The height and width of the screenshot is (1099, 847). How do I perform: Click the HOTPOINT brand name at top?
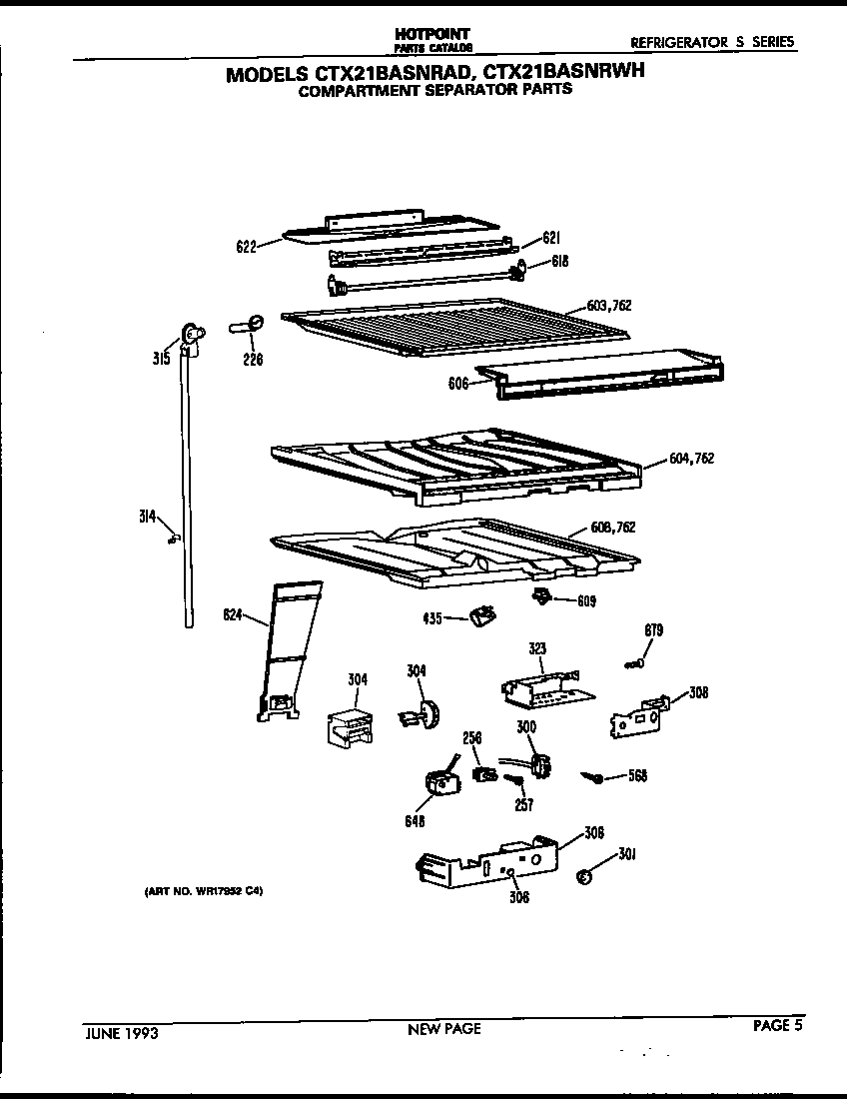click(x=432, y=34)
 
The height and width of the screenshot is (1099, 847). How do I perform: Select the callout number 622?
click(x=246, y=246)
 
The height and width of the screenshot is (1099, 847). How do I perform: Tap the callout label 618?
click(x=559, y=262)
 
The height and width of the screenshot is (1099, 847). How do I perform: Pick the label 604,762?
click(x=692, y=459)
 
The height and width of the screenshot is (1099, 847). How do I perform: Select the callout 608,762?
click(x=612, y=528)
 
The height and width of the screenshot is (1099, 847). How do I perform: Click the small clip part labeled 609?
click(x=541, y=596)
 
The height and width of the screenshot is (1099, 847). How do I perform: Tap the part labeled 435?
click(x=481, y=615)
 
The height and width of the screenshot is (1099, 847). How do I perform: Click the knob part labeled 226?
click(x=251, y=322)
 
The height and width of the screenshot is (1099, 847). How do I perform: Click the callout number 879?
click(x=653, y=630)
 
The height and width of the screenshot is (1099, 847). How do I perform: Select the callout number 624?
click(x=232, y=614)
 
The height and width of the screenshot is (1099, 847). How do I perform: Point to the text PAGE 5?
click(x=777, y=1024)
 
